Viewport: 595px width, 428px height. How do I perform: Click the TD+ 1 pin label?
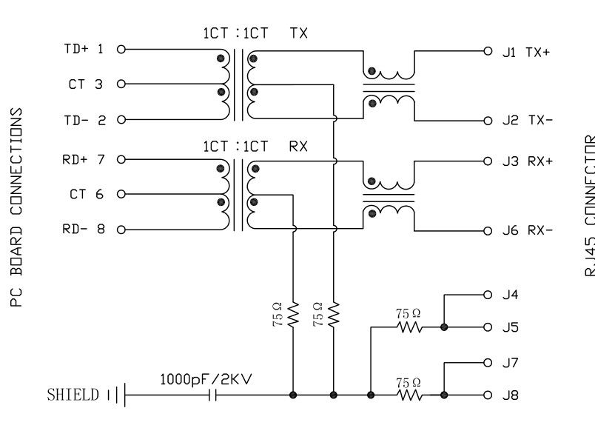pyautogui.click(x=83, y=50)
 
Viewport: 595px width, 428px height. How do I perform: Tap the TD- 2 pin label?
pyautogui.click(x=83, y=119)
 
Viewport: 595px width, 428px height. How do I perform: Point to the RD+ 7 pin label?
pyautogui.click(x=83, y=159)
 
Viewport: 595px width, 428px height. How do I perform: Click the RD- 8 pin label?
pyautogui.click(x=83, y=229)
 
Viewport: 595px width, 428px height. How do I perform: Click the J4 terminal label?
pyautogui.click(x=511, y=295)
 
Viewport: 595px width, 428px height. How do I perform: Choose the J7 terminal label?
pyautogui.click(x=511, y=363)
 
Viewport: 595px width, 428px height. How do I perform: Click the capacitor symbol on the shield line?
pyautogui.click(x=212, y=395)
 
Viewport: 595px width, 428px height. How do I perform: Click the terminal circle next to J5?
pyautogui.click(x=487, y=327)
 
